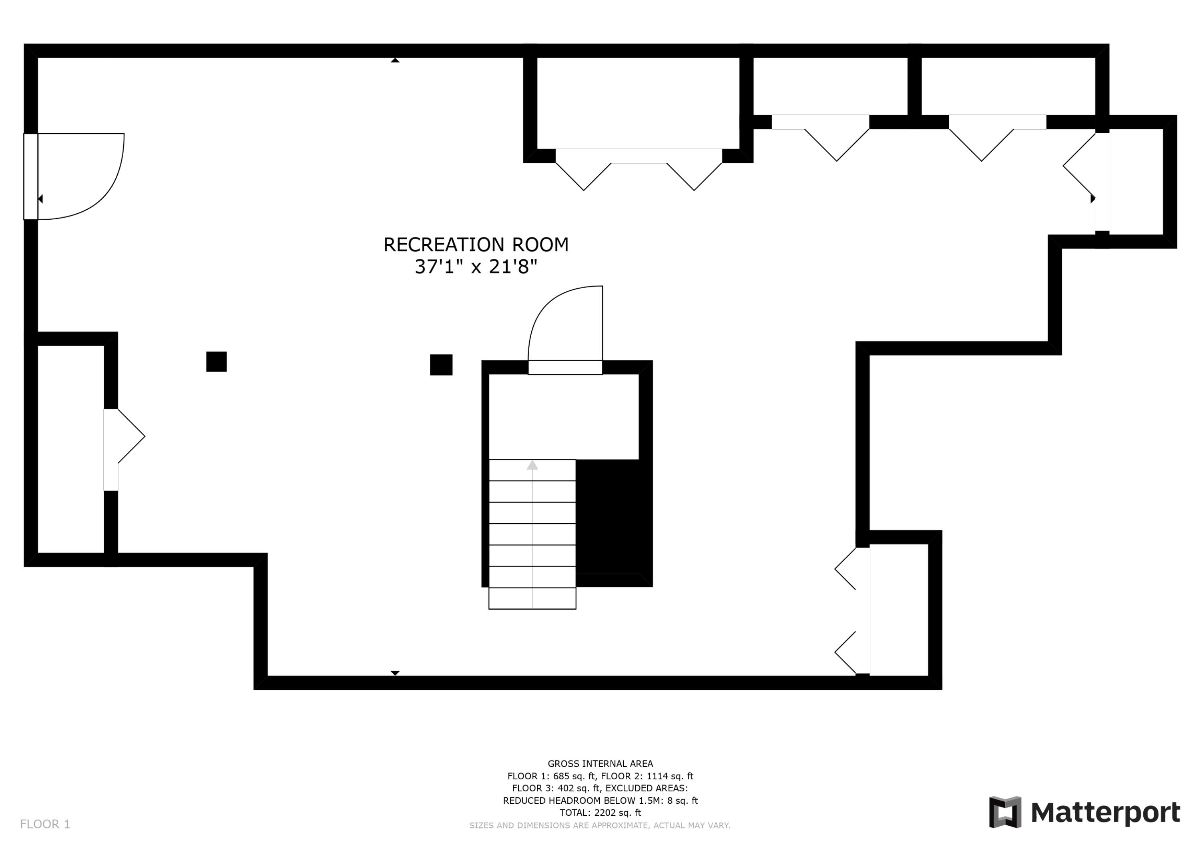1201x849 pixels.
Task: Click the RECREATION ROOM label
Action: pyautogui.click(x=476, y=245)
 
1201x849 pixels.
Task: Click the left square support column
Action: pyautogui.click(x=216, y=361)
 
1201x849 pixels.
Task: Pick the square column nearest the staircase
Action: pyautogui.click(x=441, y=365)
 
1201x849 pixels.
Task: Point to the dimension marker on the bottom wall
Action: pyautogui.click(x=395, y=673)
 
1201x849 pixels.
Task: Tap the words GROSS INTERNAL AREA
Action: pyautogui.click(x=600, y=764)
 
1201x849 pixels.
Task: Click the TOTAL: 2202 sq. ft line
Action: pyautogui.click(x=600, y=813)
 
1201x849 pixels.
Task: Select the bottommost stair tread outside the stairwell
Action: pyautogui.click(x=532, y=598)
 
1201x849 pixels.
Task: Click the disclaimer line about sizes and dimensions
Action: pyautogui.click(x=600, y=825)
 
